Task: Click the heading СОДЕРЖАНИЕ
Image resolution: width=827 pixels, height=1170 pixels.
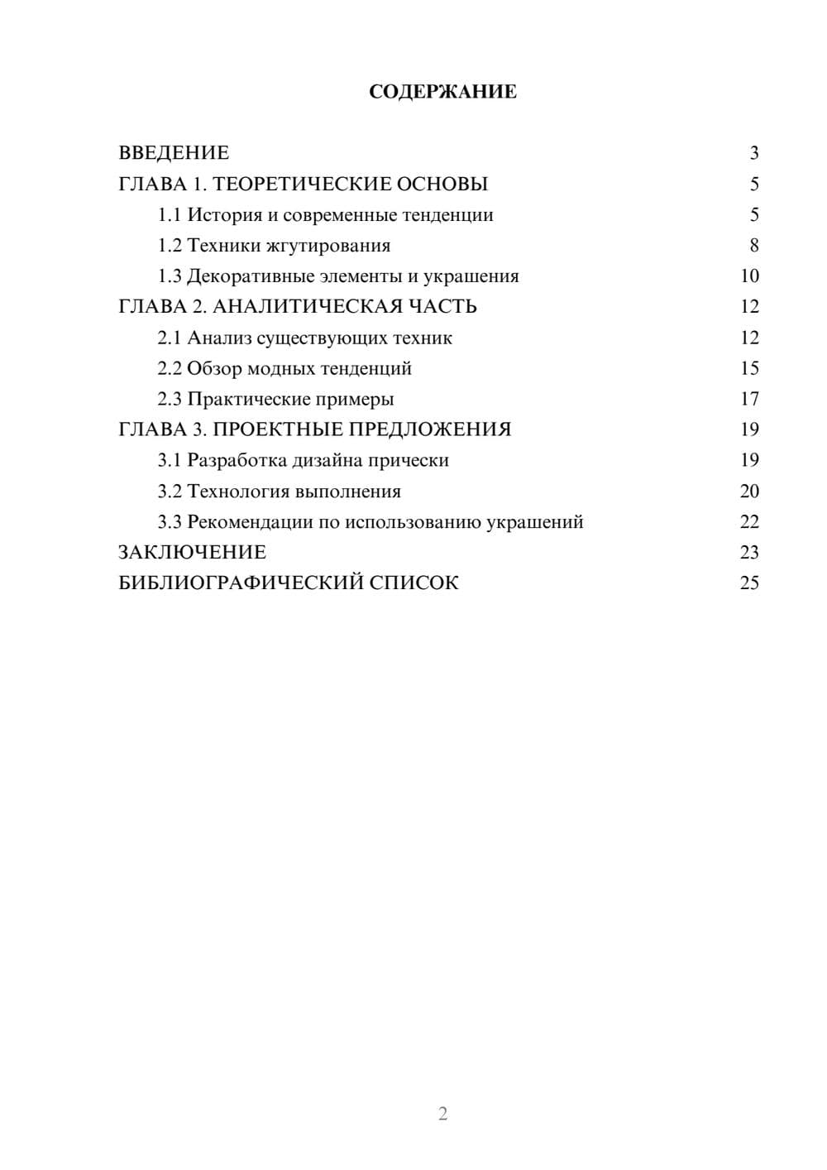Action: [x=442, y=92]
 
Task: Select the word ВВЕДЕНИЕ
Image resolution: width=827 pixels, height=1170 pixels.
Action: [x=174, y=153]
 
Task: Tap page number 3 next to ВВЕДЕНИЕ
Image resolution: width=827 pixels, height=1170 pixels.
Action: [x=753, y=153]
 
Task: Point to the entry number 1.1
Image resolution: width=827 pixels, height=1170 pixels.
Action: [x=170, y=215]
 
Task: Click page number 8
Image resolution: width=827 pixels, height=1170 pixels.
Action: [x=753, y=246]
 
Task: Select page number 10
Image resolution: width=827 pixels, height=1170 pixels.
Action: [x=749, y=276]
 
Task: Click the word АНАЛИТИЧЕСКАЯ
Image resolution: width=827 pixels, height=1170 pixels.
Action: [x=309, y=307]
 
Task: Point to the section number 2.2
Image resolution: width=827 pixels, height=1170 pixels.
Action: [x=170, y=368]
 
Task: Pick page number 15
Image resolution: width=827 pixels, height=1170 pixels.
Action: [x=749, y=368]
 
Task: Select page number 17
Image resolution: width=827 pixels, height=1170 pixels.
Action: [x=749, y=399]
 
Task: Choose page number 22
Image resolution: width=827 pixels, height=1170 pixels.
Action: [x=749, y=522]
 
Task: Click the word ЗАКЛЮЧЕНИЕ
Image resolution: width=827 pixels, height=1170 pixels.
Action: [x=193, y=553]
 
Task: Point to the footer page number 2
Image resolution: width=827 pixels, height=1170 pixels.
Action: [x=442, y=1114]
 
